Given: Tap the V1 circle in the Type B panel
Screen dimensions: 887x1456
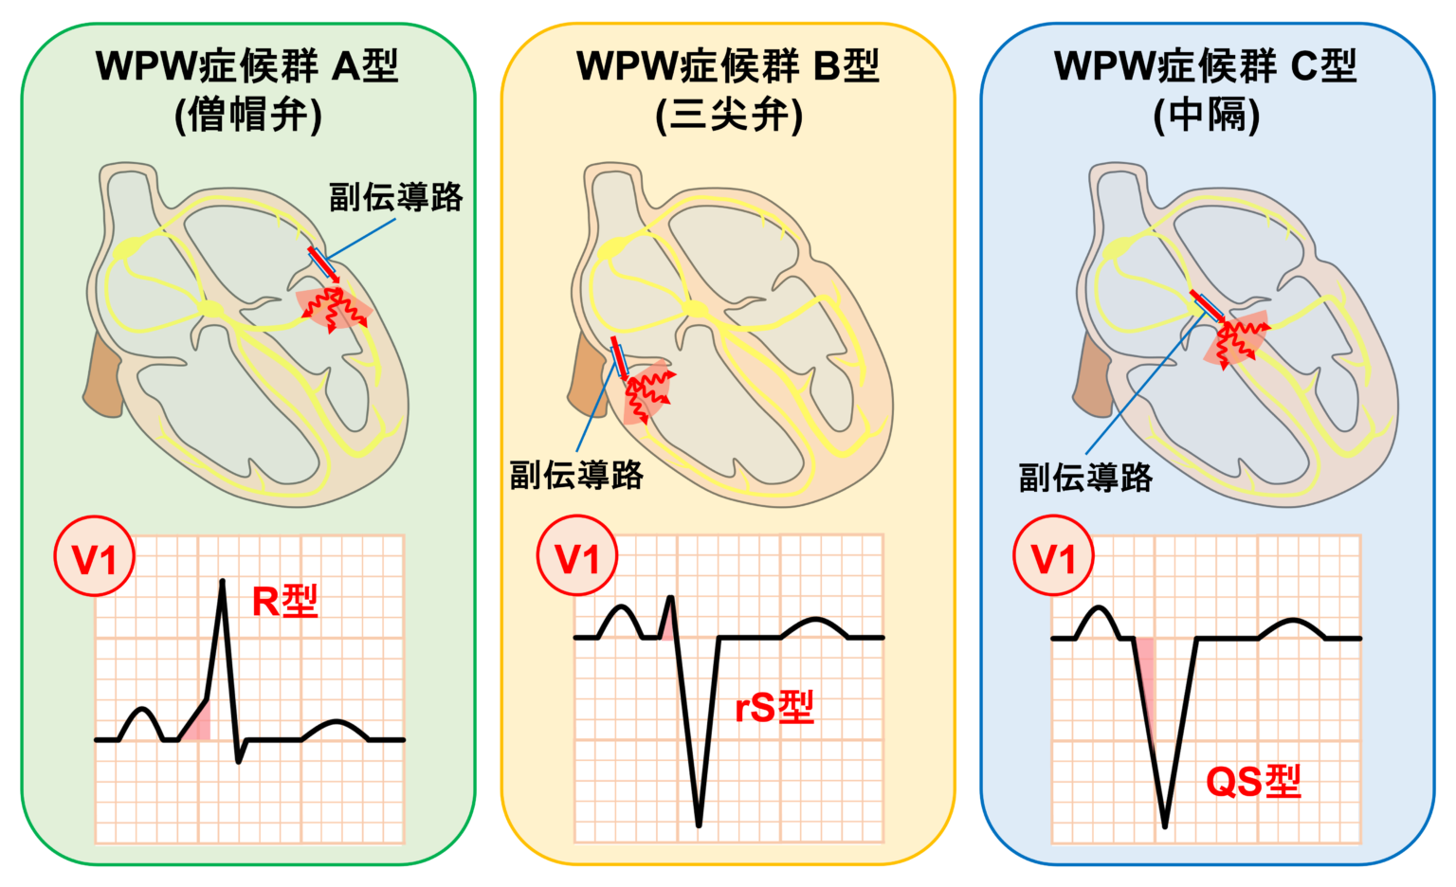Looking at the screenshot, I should click(x=576, y=556).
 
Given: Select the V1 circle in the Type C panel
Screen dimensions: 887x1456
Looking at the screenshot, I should click(x=1053, y=556).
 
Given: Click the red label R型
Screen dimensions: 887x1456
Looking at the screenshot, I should click(x=284, y=601).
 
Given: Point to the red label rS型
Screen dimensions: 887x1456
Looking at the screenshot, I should click(x=774, y=707).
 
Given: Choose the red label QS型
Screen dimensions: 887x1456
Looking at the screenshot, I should click(x=1252, y=782).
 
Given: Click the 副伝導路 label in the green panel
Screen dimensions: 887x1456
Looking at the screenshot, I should click(x=395, y=197).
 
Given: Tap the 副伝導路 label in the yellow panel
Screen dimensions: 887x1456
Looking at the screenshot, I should click(x=576, y=475).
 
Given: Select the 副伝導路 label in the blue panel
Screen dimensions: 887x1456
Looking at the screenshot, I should click(x=1085, y=477).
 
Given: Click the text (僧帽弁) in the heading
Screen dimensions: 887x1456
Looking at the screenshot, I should click(x=248, y=116).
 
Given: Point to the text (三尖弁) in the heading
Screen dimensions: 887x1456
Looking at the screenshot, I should click(x=728, y=116).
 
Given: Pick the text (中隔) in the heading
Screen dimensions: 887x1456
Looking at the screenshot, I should click(x=1207, y=116).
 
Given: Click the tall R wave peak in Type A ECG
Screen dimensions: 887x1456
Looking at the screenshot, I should click(x=223, y=582).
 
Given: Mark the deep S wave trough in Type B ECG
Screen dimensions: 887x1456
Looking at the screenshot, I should click(x=699, y=823).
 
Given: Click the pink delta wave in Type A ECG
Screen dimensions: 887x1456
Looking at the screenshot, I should click(x=198, y=725).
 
